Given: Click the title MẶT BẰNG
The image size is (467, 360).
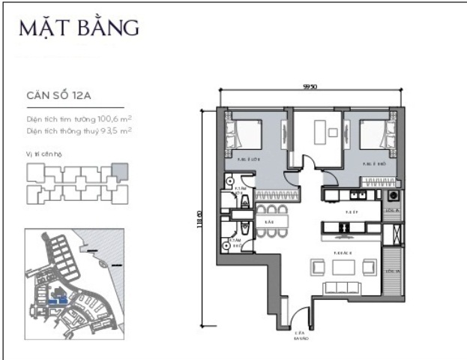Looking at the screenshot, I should click(x=79, y=28).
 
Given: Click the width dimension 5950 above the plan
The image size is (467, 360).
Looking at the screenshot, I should click(x=310, y=86).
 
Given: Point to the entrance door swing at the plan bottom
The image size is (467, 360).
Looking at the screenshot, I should click(x=300, y=318).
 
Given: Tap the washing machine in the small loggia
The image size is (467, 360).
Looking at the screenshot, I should click(x=391, y=195).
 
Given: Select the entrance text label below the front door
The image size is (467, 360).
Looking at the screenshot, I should click(x=301, y=335).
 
